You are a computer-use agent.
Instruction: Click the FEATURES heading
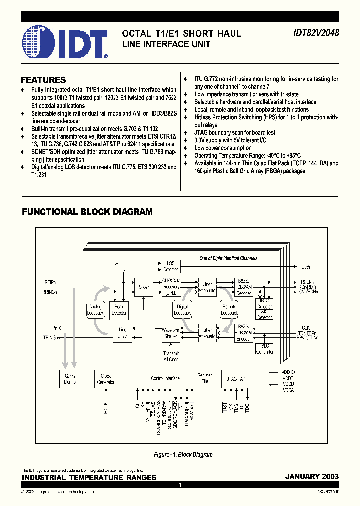click(x=43, y=80)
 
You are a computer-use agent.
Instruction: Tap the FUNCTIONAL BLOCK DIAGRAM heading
click(x=87, y=212)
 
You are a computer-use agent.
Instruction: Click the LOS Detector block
click(x=170, y=266)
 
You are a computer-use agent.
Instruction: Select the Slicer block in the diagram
click(x=144, y=287)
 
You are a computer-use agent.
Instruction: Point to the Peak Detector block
click(x=119, y=309)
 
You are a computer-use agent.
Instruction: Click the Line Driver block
click(x=123, y=333)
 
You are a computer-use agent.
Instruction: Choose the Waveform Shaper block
click(x=171, y=333)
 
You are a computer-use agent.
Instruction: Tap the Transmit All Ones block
click(x=171, y=356)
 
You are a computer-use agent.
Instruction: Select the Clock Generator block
click(x=105, y=379)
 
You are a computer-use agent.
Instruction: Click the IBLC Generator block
click(x=265, y=349)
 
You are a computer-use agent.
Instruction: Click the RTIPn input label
click(x=50, y=283)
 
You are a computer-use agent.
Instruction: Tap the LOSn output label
click(x=306, y=267)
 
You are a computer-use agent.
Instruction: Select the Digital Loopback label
click(x=183, y=310)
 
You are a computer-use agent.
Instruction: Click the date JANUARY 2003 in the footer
click(x=312, y=477)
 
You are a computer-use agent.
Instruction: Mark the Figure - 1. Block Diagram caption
click(x=183, y=455)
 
